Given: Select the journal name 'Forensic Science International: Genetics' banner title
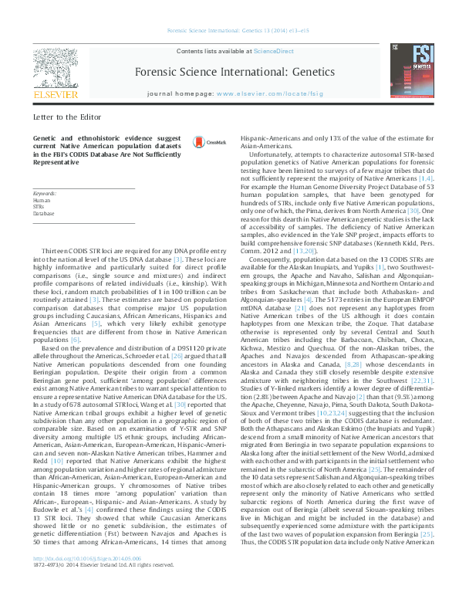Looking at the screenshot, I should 235,72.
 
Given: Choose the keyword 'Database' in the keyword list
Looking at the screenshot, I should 44,213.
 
